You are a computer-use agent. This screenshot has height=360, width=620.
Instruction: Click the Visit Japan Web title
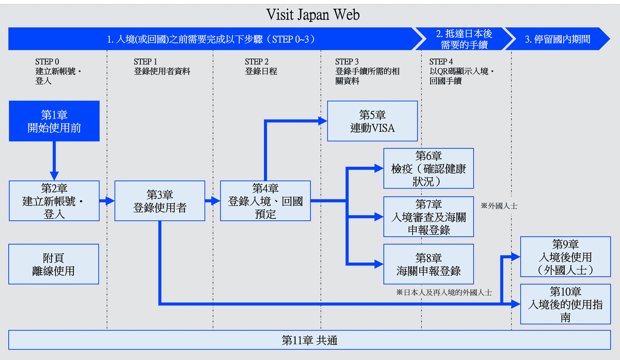tap(313, 14)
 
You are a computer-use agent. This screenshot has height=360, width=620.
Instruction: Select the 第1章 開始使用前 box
tap(54, 121)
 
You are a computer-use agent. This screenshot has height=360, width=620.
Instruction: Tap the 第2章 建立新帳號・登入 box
tap(54, 200)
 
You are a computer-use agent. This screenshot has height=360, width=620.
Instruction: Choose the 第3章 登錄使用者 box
tap(160, 201)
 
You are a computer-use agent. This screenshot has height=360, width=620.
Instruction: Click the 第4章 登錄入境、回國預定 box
tap(266, 201)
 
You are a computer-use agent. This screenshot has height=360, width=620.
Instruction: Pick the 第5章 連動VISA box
tap(373, 121)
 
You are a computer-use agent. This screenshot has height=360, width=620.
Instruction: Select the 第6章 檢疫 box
tap(428, 168)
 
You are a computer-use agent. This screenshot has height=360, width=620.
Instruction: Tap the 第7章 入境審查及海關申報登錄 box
tap(428, 217)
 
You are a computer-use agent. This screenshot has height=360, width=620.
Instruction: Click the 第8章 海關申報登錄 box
tap(428, 263)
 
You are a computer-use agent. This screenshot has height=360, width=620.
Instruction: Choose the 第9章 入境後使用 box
tap(565, 256)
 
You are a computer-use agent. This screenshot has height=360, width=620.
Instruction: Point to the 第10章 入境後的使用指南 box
tap(565, 304)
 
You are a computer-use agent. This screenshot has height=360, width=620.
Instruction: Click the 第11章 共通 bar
tap(309, 340)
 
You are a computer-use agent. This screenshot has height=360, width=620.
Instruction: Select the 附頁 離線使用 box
tap(54, 264)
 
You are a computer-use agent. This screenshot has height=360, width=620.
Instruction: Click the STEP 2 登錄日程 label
tap(261, 67)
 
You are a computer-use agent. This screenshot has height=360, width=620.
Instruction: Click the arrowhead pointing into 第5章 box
tap(323, 121)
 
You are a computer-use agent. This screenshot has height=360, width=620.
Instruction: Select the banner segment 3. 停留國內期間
tap(557, 39)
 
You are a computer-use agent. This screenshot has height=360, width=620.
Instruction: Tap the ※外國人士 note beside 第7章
tap(499, 206)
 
